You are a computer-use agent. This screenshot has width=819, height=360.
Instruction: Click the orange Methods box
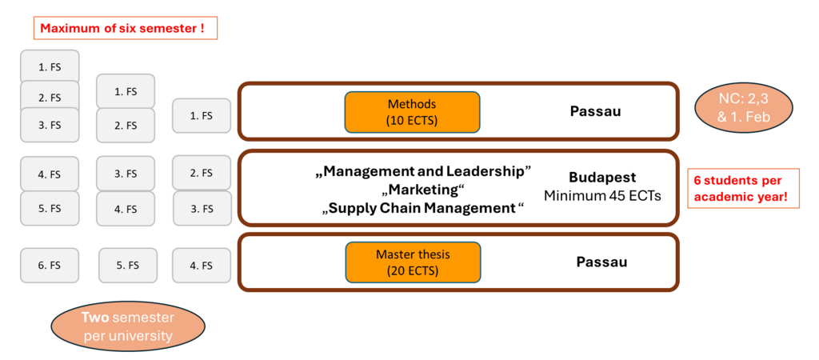pos(412,112)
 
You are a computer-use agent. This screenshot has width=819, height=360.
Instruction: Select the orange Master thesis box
pos(412,262)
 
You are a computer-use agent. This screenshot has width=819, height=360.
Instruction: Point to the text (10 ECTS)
pos(412,120)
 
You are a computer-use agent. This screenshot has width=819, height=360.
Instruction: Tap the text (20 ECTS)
pos(412,270)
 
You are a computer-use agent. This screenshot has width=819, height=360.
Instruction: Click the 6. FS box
pos(50,266)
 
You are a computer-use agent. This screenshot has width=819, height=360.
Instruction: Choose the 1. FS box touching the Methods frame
pos(202,116)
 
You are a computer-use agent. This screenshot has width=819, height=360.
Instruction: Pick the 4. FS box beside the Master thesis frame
pos(202,266)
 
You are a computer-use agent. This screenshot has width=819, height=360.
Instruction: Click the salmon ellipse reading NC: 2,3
pos(743,108)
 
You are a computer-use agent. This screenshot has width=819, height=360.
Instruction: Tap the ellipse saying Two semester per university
pos(128,326)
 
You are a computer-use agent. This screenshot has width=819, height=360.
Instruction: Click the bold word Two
pos(95,318)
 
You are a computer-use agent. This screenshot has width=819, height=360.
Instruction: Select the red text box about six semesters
pos(126,29)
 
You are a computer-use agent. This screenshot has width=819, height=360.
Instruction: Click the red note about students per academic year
pos(743,188)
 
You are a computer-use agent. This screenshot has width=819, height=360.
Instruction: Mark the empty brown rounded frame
pos(457,188)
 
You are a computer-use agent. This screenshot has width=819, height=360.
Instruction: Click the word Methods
pos(412,104)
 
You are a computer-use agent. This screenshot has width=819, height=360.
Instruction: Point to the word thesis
pos(432,254)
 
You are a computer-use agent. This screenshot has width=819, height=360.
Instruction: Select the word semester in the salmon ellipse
pos(142,318)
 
